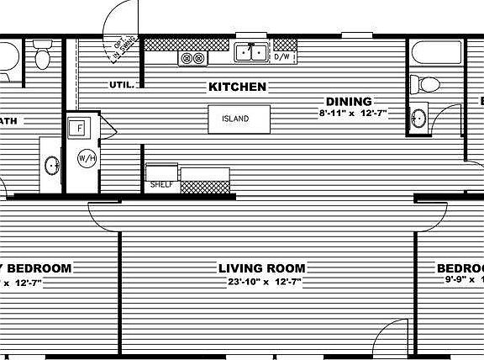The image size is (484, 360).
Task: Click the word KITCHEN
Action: click(238, 87)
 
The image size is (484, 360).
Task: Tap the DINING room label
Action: click(349, 102)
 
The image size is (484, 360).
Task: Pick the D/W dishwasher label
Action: click(282, 57)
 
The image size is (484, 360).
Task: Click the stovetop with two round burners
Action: click(192, 57)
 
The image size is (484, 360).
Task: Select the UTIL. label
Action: click(121, 84)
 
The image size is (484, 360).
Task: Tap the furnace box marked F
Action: click(80, 128)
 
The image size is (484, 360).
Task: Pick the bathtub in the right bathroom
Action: click(437, 54)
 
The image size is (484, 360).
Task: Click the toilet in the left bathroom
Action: click(43, 57)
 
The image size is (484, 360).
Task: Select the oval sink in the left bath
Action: click(51, 165)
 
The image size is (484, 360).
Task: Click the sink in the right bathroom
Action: click(419, 118)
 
